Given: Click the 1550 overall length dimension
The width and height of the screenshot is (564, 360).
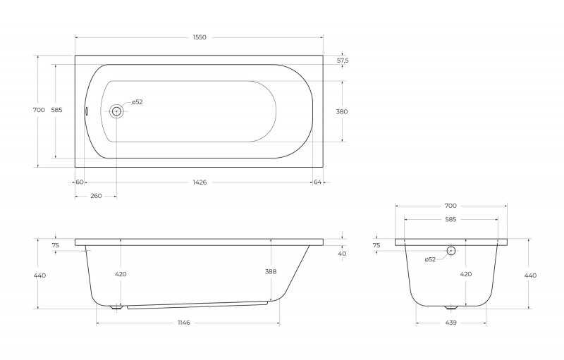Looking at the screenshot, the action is (x=200, y=37).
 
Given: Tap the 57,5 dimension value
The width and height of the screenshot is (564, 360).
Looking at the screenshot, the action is (x=343, y=61).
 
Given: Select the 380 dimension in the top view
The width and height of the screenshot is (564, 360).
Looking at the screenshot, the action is (x=342, y=112).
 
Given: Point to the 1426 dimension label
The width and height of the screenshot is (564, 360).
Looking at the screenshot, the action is (x=200, y=182).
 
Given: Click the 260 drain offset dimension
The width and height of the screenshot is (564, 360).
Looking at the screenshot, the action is (x=96, y=196).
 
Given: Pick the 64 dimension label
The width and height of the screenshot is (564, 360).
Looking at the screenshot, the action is (x=317, y=182).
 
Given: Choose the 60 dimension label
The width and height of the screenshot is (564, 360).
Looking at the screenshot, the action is (x=80, y=182).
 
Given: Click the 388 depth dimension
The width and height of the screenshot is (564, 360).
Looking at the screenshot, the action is (x=271, y=272).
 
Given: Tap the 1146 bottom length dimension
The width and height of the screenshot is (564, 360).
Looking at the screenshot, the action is (x=184, y=323).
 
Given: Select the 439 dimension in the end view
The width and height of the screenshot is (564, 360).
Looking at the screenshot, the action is (x=450, y=323).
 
